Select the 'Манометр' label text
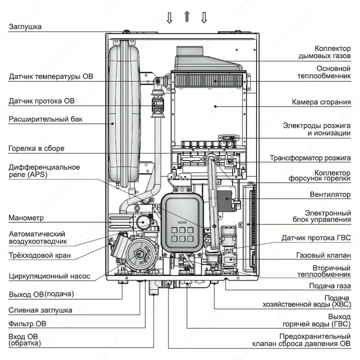[25, 219]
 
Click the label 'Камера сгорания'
[321, 102]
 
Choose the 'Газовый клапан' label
[323, 255]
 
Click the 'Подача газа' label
[330, 286]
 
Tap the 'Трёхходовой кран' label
[40, 256]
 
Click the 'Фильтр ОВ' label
[27, 324]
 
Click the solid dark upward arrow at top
[187, 17]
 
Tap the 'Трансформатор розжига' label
[310, 158]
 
